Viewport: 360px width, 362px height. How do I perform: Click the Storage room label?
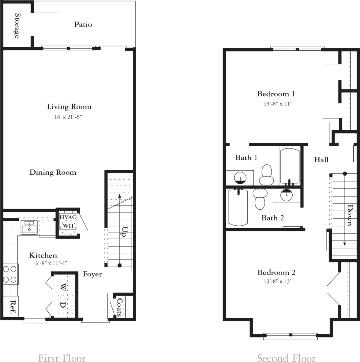pyautogui.click(x=17, y=26)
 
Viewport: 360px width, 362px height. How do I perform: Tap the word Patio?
pyautogui.click(x=83, y=24)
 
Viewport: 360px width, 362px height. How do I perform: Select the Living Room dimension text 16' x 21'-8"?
pyautogui.click(x=68, y=117)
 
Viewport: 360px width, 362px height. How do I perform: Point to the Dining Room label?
pyautogui.click(x=53, y=172)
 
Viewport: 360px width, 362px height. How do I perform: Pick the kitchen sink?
pyautogui.click(x=29, y=227)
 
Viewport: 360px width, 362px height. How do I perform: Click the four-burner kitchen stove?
pyautogui.click(x=10, y=274)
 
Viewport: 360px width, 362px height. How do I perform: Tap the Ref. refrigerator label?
pyautogui.click(x=13, y=307)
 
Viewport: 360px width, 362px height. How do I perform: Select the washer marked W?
pyautogui.click(x=63, y=287)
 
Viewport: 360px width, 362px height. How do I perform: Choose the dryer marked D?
pyautogui.click(x=63, y=305)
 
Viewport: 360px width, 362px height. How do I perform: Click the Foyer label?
pyautogui.click(x=92, y=274)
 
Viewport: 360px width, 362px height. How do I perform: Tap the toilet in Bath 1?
pyautogui.click(x=266, y=175)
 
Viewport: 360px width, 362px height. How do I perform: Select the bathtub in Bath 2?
pyautogui.click(x=238, y=207)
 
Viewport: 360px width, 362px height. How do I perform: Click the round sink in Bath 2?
pyautogui.click(x=286, y=195)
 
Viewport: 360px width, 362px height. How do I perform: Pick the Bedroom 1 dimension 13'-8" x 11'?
pyautogui.click(x=277, y=104)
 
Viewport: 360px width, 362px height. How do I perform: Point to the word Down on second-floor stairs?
pyautogui.click(x=350, y=215)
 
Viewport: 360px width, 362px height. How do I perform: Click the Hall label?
pyautogui.click(x=321, y=160)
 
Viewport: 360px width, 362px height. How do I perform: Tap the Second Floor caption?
pyautogui.click(x=286, y=358)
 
